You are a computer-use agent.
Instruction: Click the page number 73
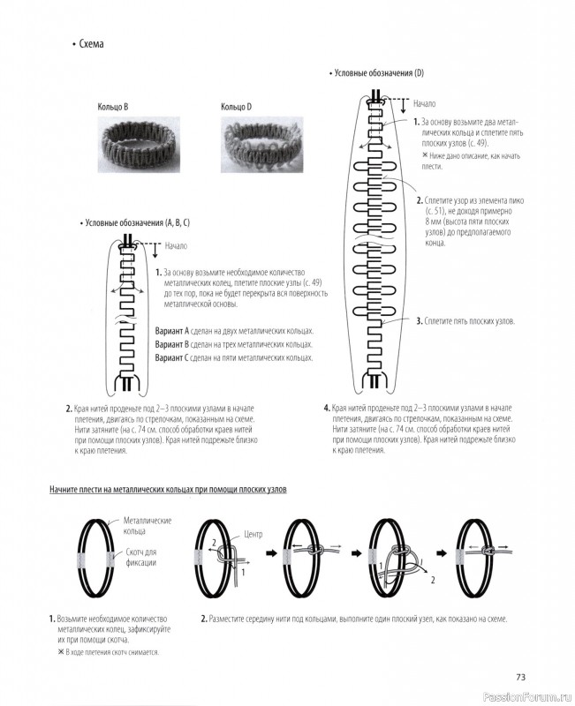click(520, 677)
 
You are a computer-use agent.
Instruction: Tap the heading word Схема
click(91, 44)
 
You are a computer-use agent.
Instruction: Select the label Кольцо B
click(113, 107)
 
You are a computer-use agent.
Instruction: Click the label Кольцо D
click(236, 107)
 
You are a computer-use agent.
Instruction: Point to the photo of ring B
click(130, 140)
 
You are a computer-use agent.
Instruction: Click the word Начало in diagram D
click(425, 104)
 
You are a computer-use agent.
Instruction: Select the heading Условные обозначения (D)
click(380, 72)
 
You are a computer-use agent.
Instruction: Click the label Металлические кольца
click(148, 526)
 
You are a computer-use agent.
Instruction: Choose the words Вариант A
click(175, 330)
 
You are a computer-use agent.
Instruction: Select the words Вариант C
click(175, 358)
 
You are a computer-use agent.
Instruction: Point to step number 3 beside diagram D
click(420, 320)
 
